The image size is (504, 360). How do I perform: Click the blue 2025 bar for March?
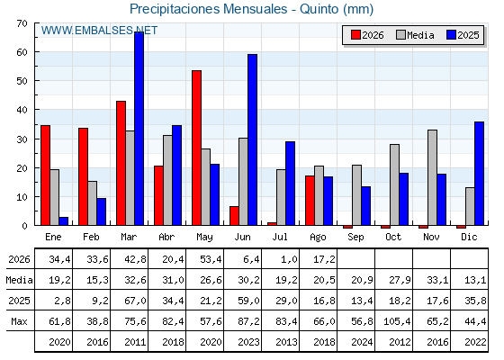pos(139,129)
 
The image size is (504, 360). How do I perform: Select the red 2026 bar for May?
pos(197,148)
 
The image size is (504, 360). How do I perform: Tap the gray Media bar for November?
pos(432,177)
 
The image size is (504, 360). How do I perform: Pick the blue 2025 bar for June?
pos(252,139)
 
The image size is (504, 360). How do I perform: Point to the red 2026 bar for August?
pos(310,201)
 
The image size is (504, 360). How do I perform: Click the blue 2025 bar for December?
pos(479,174)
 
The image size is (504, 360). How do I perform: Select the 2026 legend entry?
pos(367,35)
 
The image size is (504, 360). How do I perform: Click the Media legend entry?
pos(415,35)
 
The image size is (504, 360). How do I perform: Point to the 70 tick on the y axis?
pos(22,23)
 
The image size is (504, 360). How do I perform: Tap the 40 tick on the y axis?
pos(22,110)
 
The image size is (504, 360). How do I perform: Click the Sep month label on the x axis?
pos(355,237)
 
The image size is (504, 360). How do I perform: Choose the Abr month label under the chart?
pos(166,237)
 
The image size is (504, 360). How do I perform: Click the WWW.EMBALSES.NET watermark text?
pos(99,31)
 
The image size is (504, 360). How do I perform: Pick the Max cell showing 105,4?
pos(397,321)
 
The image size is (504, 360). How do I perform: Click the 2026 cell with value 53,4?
pos(211,259)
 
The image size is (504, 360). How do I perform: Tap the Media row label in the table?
pos(19,280)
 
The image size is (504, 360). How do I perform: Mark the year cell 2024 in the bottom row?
pos(362,342)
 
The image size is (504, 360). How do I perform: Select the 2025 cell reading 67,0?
pos(135,301)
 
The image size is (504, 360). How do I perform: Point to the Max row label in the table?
pos(19,321)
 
